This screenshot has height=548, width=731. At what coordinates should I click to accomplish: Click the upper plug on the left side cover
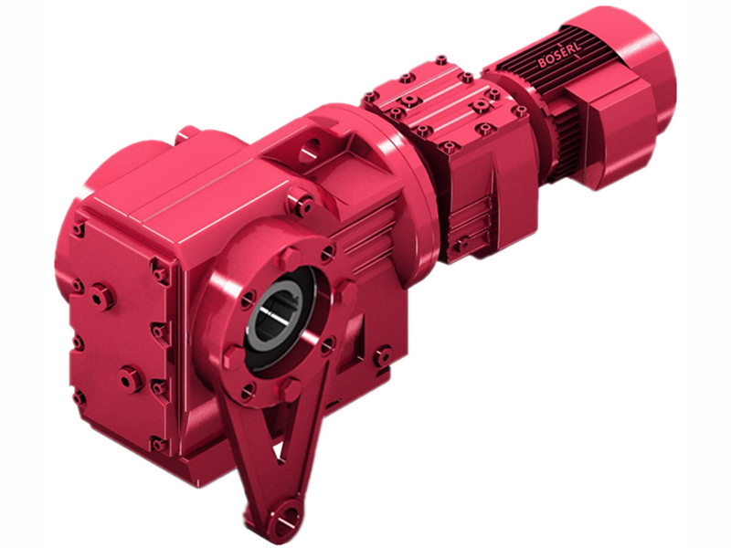pyautogui.click(x=101, y=296)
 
